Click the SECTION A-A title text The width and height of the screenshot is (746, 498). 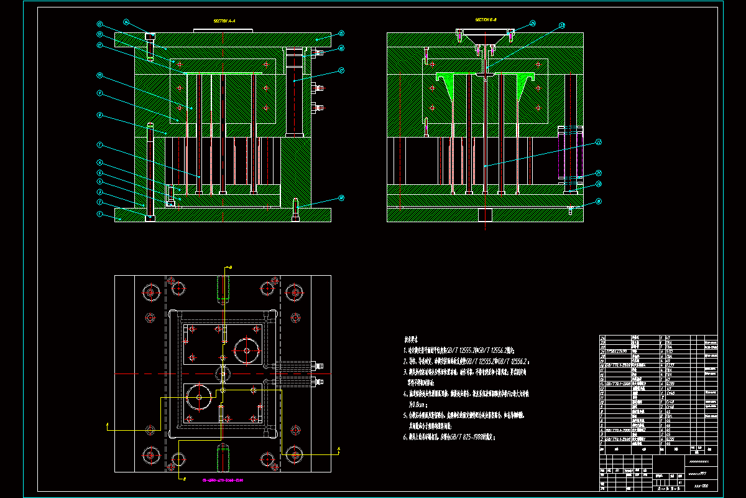pyautogui.click(x=224, y=21)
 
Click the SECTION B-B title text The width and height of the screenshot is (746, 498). pyautogui.click(x=485, y=20)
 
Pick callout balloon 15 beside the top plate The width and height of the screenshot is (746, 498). pyautogui.click(x=341, y=33)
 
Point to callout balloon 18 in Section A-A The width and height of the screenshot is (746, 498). pyautogui.click(x=341, y=198)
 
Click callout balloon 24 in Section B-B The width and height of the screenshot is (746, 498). pyautogui.click(x=532, y=24)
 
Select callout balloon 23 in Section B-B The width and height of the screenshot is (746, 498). pyautogui.click(x=561, y=26)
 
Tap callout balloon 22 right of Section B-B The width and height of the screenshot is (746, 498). pyautogui.click(x=599, y=142)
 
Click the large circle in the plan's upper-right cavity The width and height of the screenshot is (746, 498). pyautogui.click(x=247, y=350)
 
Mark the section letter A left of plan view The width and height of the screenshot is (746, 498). pyautogui.click(x=108, y=426)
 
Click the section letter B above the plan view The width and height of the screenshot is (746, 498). pyautogui.click(x=229, y=267)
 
